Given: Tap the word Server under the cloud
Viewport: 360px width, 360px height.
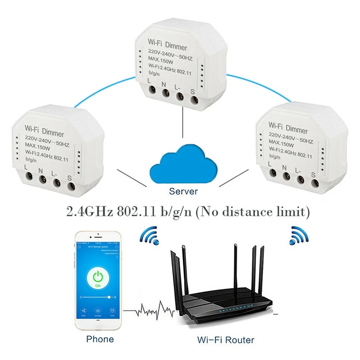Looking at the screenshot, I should click(x=183, y=191).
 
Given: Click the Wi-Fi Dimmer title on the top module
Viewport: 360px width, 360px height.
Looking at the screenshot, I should click(x=168, y=45).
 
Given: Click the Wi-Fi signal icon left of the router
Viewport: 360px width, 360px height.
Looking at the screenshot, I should click(x=150, y=235).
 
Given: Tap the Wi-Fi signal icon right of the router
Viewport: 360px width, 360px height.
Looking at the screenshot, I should click(x=297, y=235).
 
